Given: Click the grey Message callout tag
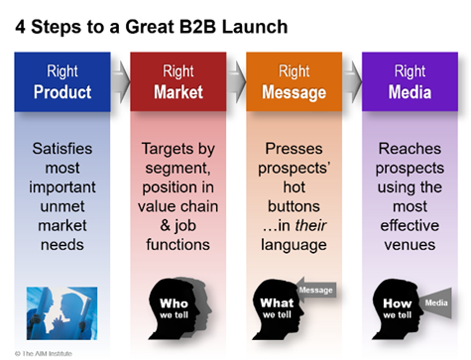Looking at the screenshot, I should [x=318, y=291].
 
